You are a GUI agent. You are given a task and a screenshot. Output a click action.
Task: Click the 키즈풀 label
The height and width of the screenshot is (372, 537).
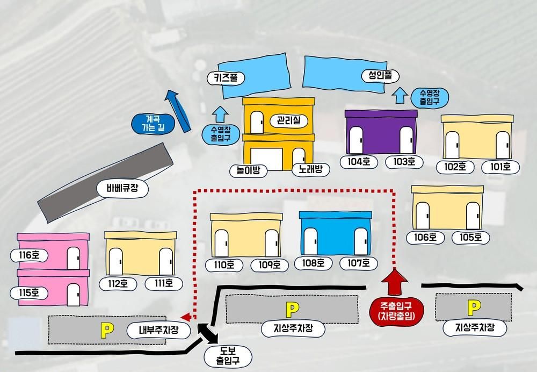point(226,78)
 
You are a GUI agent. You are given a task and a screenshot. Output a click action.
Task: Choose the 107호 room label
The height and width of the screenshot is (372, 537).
point(359,263)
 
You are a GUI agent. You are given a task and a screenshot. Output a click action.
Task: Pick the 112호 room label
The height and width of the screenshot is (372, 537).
point(118,283)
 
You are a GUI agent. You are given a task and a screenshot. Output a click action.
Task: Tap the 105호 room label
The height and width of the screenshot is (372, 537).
point(471,237)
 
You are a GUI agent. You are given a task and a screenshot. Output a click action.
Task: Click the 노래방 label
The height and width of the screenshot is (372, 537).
point(310,169)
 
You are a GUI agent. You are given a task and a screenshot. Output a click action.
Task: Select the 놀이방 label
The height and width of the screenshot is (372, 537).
point(248,170)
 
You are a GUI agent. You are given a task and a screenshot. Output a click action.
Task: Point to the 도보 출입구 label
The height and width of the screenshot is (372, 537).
point(228,356)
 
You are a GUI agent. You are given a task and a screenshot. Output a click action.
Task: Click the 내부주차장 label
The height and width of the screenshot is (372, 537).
point(159,331)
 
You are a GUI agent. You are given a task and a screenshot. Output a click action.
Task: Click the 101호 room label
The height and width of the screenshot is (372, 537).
point(500,167)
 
